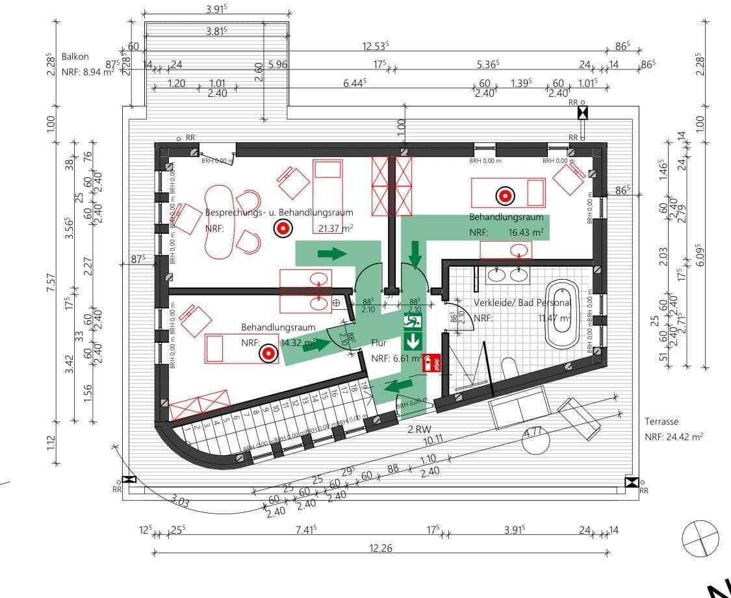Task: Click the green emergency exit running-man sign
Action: pyautogui.click(x=413, y=321)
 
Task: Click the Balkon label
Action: pyautogui.click(x=75, y=57)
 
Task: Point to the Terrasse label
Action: pyautogui.click(x=661, y=421)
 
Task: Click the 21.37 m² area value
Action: pyautogui.click(x=335, y=228)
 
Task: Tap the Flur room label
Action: pyautogui.click(x=379, y=342)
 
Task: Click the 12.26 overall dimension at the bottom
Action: pyautogui.click(x=381, y=549)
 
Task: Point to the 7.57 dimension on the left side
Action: pyautogui.click(x=51, y=282)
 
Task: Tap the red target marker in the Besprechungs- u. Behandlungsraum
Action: pyautogui.click(x=282, y=228)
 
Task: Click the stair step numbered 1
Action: pyautogui.click(x=187, y=429)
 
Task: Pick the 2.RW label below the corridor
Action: pyautogui.click(x=419, y=430)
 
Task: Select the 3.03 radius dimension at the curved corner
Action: pyautogui.click(x=181, y=501)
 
